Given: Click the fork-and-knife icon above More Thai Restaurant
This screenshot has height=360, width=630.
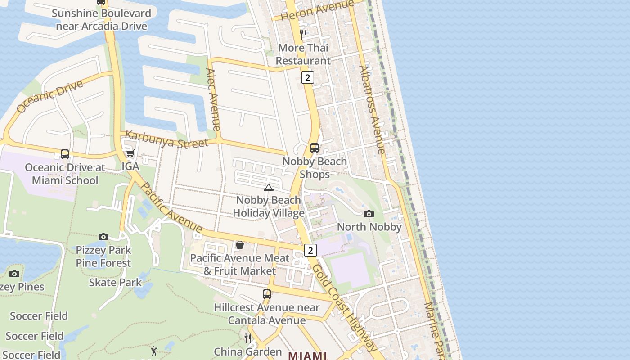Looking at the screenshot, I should pyautogui.click(x=303, y=35).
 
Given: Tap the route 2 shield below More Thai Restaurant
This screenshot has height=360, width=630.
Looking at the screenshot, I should pyautogui.click(x=307, y=77).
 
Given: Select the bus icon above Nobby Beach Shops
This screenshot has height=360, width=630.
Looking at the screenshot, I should pyautogui.click(x=315, y=148).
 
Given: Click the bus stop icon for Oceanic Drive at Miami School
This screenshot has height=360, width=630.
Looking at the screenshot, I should pyautogui.click(x=65, y=154).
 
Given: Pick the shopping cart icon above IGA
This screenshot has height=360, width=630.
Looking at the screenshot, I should pyautogui.click(x=130, y=153).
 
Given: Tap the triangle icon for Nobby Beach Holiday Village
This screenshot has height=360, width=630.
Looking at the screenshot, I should pyautogui.click(x=269, y=187).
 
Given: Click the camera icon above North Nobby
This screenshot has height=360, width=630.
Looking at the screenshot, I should pyautogui.click(x=369, y=214).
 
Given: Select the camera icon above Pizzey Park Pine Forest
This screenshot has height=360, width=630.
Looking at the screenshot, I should pyautogui.click(x=103, y=237).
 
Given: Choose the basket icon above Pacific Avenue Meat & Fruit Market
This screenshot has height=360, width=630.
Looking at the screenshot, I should pyautogui.click(x=240, y=245).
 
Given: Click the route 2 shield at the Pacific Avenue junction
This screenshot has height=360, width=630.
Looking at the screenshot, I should pyautogui.click(x=310, y=250).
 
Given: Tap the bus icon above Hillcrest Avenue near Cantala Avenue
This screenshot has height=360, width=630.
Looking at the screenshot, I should pyautogui.click(x=267, y=294).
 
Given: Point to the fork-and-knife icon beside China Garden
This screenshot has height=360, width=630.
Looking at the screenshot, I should pyautogui.click(x=248, y=338).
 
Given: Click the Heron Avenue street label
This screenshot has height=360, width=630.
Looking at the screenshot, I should pyautogui.click(x=317, y=10).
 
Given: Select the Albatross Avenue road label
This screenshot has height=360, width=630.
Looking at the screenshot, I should pyautogui.click(x=372, y=110).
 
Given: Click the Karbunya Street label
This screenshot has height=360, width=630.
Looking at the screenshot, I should pyautogui.click(x=166, y=139).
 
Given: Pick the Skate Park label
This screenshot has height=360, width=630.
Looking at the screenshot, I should pyautogui.click(x=115, y=283).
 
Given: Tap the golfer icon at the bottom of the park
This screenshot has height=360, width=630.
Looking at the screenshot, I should pyautogui.click(x=154, y=351).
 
